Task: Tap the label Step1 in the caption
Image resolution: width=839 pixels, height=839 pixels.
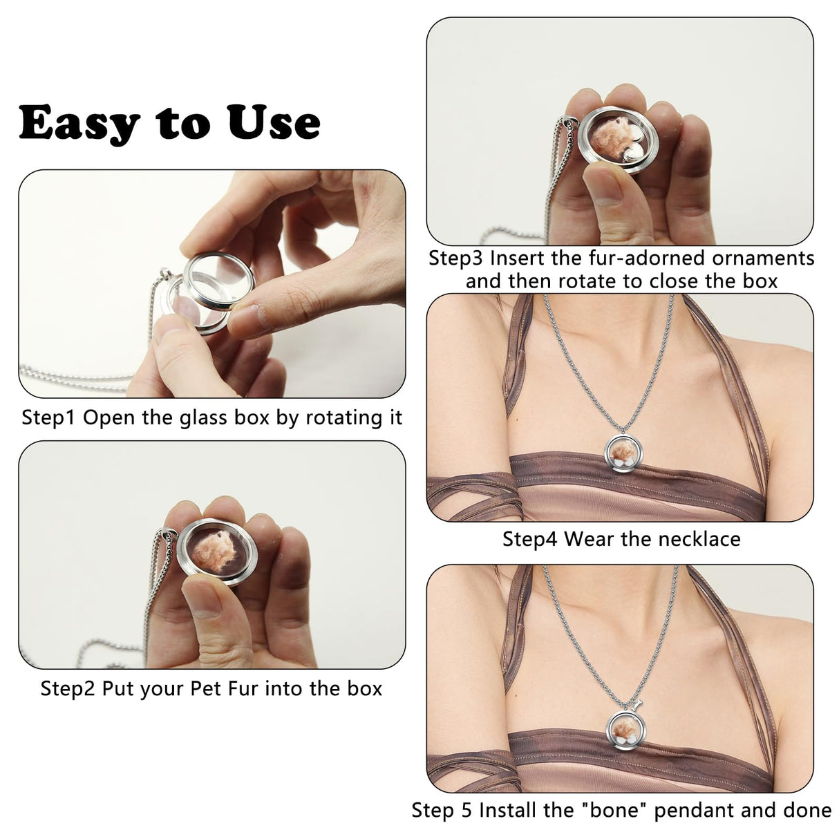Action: (48, 418)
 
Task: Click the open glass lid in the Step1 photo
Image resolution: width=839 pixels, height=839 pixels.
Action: (218, 279)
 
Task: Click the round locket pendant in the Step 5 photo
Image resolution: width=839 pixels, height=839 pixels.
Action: (626, 728)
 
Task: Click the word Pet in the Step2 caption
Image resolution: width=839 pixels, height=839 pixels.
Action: (205, 689)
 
